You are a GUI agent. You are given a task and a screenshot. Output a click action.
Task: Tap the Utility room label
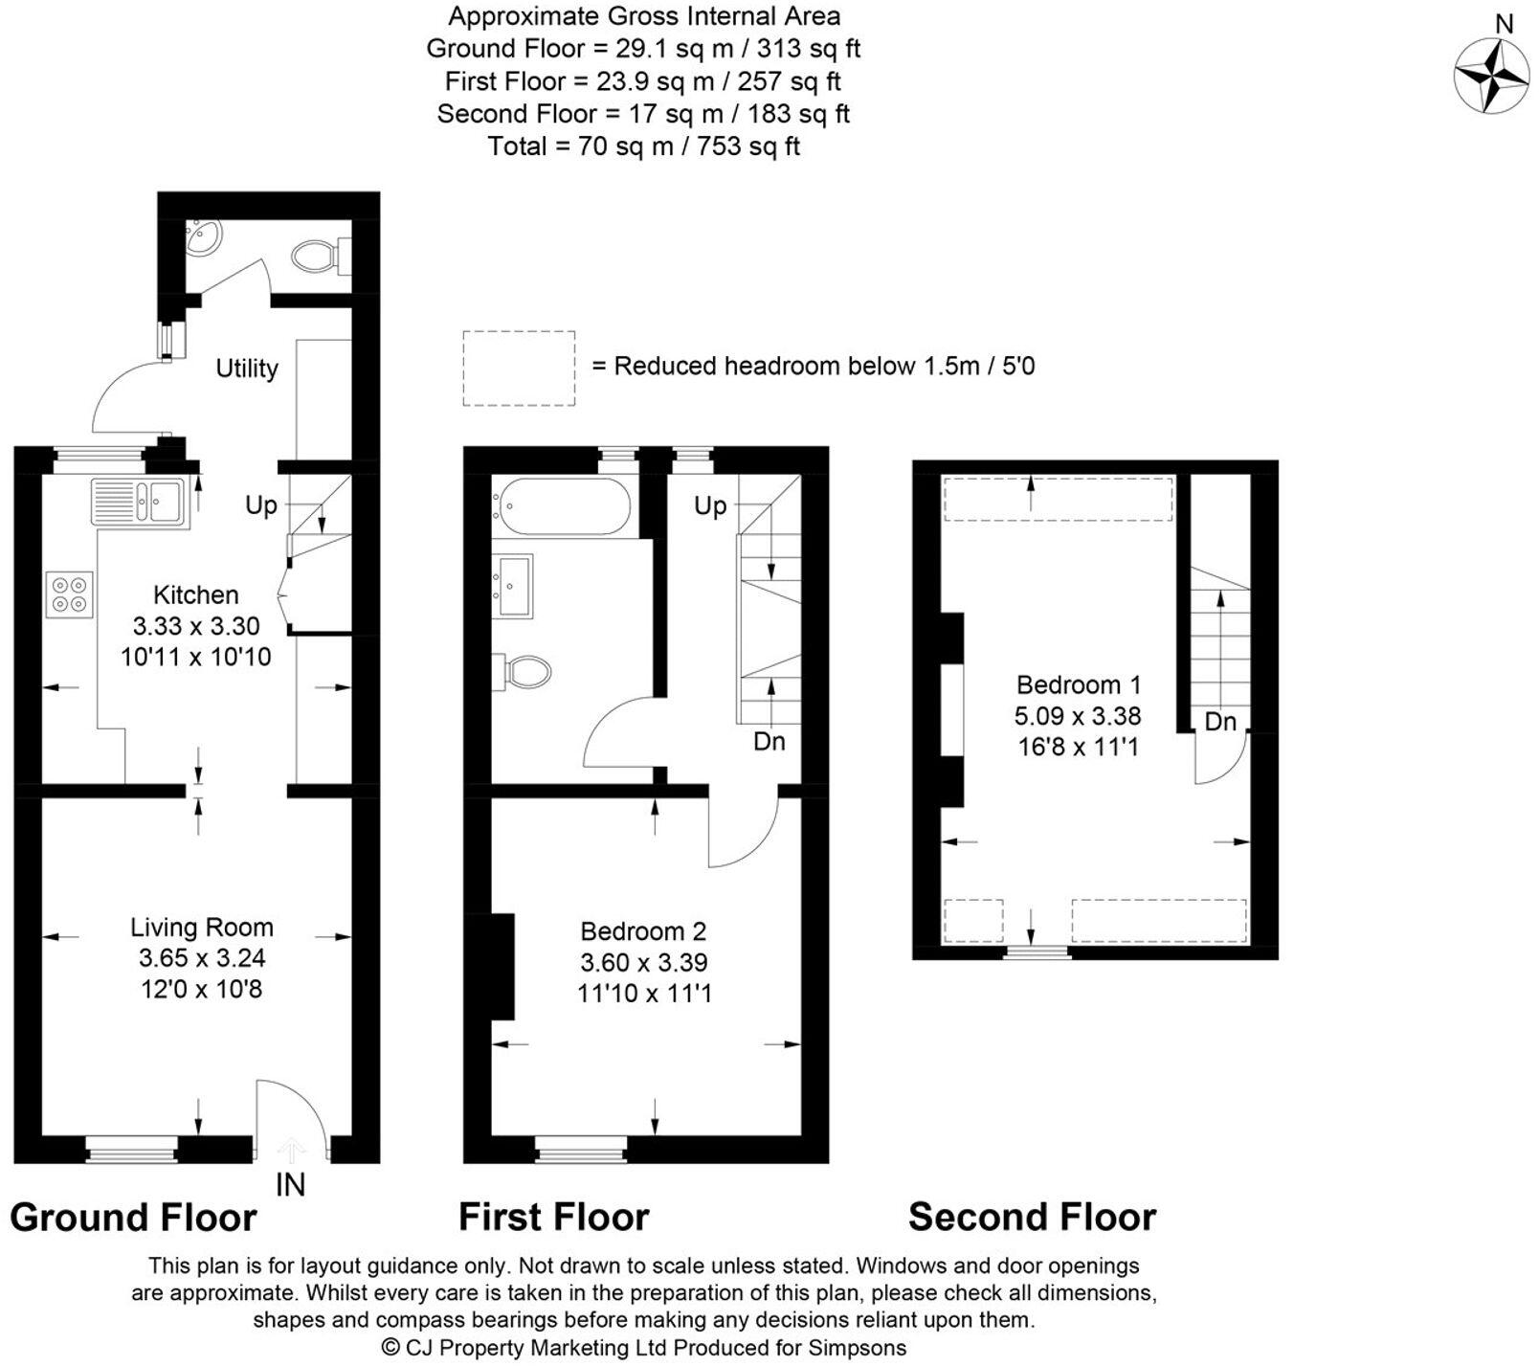pos(247,369)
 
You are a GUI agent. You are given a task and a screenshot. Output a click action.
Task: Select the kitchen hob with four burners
pos(70,593)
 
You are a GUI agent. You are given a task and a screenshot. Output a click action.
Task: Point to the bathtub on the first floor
pos(561,506)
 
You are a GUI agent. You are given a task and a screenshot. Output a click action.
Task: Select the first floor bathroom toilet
pos(523,671)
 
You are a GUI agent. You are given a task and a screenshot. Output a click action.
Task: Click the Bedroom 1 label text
pos(1079,684)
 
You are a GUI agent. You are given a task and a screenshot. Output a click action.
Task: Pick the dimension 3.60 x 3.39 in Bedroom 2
pos(644,962)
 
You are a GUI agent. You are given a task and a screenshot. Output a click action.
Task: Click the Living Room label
pos(202,927)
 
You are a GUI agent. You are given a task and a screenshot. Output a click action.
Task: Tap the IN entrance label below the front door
pos(290,1185)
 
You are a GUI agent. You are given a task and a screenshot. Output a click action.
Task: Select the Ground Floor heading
pos(133,1218)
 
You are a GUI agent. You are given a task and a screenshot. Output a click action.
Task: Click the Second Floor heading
pos(1032,1217)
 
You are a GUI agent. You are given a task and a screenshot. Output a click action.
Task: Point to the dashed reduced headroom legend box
pos(519,369)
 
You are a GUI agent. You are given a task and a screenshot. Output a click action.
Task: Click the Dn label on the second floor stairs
pos(1220,722)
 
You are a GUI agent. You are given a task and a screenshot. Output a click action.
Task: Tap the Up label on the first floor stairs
pos(710,505)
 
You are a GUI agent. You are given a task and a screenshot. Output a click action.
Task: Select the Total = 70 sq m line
pos(643,146)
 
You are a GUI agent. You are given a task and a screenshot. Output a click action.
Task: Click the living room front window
pos(131,1148)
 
